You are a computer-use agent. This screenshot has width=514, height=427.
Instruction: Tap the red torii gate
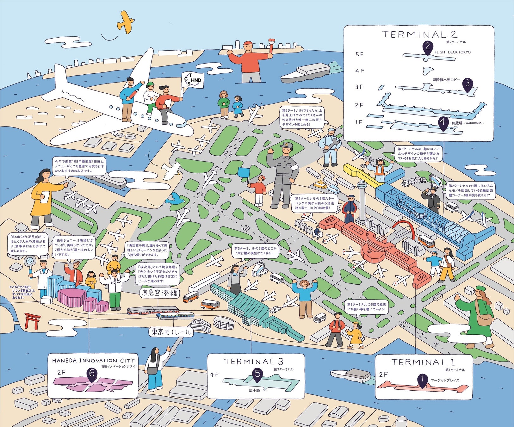pyautogui.click(x=33, y=320)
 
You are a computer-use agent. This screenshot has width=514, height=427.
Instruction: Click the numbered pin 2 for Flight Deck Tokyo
pyautogui.click(x=427, y=48)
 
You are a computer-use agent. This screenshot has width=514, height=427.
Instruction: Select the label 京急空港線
pyautogui.click(x=159, y=293)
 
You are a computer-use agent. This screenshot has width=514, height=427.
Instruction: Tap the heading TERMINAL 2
pyautogui.click(x=419, y=34)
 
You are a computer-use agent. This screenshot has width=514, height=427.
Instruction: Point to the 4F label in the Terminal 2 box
pyautogui.click(x=360, y=71)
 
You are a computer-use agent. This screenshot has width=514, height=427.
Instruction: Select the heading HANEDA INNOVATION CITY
pyautogui.click(x=93, y=361)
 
